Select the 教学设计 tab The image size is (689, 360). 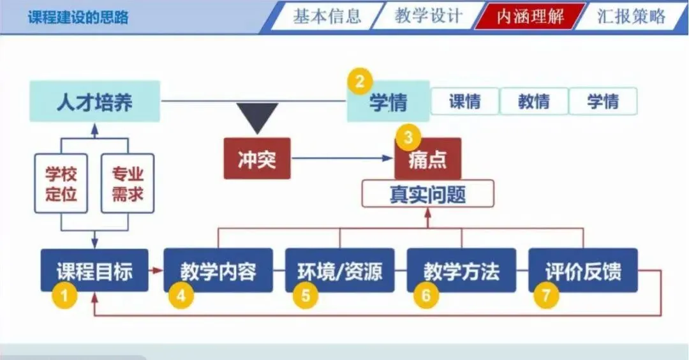(x=428, y=17)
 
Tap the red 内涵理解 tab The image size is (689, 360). (x=530, y=17)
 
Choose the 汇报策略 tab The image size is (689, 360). (x=631, y=17)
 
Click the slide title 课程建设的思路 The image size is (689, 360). (x=78, y=17)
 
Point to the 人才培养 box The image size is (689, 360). (x=94, y=101)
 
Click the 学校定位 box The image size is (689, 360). (x=61, y=183)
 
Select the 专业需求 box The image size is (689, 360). (x=128, y=183)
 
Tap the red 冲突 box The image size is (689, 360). (x=256, y=158)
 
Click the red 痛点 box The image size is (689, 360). (x=427, y=160)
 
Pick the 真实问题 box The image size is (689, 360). (x=427, y=193)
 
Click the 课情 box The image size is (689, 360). (x=464, y=101)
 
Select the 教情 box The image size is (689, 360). (x=533, y=101)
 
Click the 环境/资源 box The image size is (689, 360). (x=339, y=271)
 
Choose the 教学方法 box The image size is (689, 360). (x=461, y=271)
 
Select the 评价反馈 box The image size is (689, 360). (x=582, y=271)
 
